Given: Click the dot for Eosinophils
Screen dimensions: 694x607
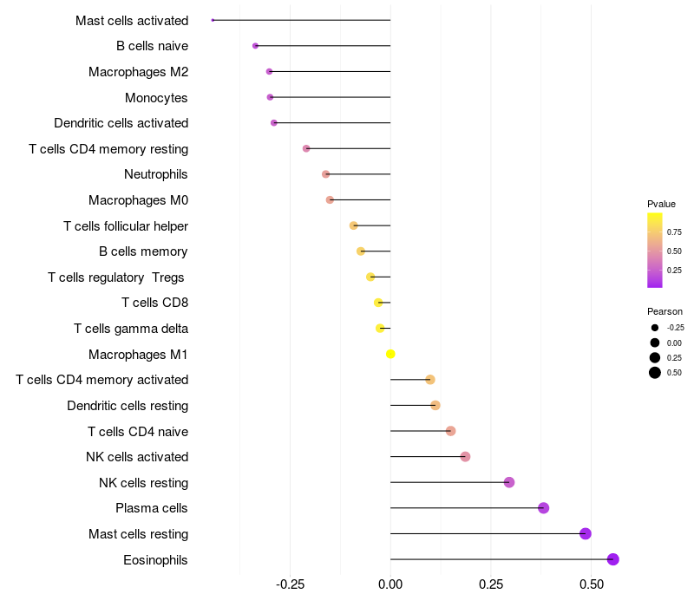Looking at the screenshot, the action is coord(613,559).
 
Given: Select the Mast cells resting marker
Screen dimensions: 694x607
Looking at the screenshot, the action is coord(585,533).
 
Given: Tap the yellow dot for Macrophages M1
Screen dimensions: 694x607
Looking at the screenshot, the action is coord(390,354).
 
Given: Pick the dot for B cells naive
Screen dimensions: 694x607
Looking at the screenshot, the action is coord(255,46).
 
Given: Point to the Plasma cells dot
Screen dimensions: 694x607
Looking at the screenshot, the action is coord(544,508).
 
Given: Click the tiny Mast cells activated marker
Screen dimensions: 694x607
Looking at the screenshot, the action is coord(213,20).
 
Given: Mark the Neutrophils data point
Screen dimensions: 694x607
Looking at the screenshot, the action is coord(326,174).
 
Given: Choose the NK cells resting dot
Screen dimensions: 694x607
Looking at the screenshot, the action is coord(509,482).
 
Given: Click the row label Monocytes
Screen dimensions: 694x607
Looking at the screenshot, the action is coord(156,98).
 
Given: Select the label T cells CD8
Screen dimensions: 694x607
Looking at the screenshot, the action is coord(155,303).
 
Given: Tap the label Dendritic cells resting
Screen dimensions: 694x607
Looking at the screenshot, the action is coord(128,406).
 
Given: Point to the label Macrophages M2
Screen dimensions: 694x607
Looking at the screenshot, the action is coord(139,72).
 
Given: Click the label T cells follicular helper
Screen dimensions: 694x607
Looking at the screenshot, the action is coord(126,226).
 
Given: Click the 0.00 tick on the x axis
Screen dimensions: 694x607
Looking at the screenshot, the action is coord(390,584).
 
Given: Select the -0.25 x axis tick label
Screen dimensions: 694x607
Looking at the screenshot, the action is coord(291,584).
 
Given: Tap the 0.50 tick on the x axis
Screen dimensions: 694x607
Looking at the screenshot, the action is coord(592,584).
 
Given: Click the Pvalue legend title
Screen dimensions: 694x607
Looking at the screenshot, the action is coord(661,204).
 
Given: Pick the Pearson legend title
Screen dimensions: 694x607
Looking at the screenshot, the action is coord(665,311).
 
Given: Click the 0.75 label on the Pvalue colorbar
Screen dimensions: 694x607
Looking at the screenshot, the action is coord(674,232).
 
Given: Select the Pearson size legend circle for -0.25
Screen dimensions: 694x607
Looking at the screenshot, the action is coord(655,328).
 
